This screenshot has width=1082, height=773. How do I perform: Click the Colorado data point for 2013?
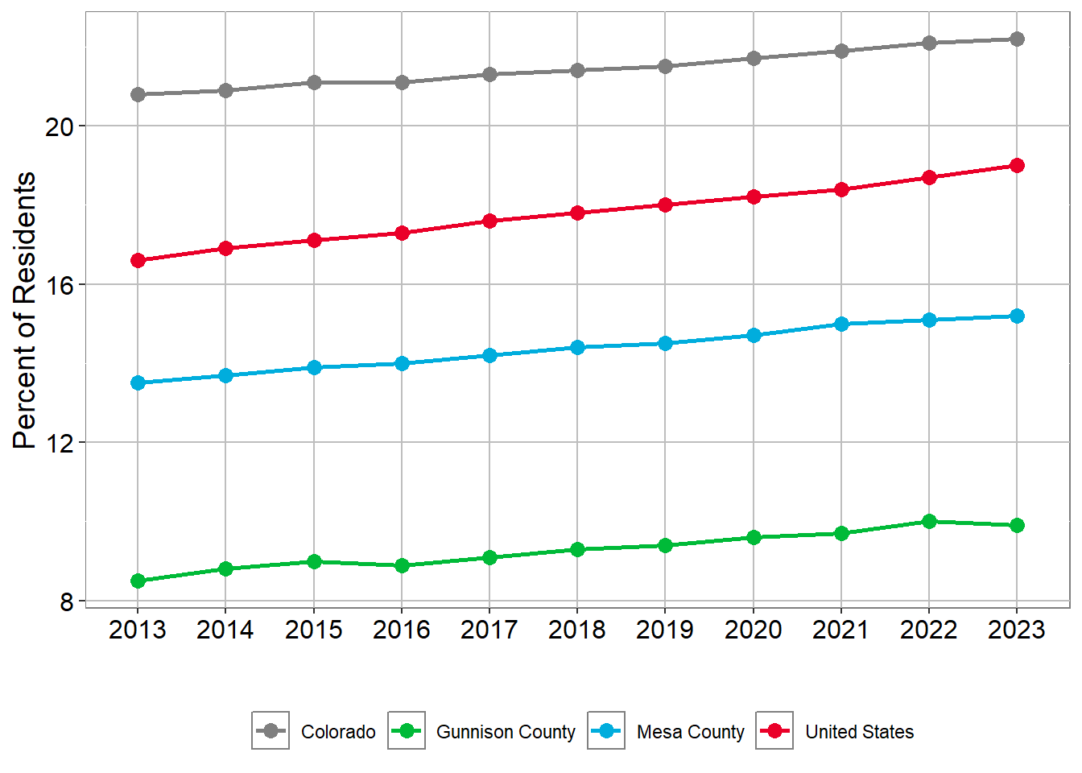pyautogui.click(x=138, y=94)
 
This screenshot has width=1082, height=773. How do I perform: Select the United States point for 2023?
pyautogui.click(x=1017, y=165)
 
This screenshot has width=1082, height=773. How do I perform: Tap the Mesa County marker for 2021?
pyautogui.click(x=841, y=324)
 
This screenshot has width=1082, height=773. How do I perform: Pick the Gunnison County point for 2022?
pyautogui.click(x=929, y=521)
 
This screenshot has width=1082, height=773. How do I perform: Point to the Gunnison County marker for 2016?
pyautogui.click(x=402, y=565)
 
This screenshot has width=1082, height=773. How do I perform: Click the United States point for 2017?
pyautogui.click(x=489, y=221)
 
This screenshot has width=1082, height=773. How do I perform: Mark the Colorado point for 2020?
pyautogui.click(x=754, y=58)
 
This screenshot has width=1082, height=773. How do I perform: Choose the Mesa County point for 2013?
pyautogui.click(x=138, y=382)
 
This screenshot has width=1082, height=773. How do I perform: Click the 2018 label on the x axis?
pyautogui.click(x=577, y=630)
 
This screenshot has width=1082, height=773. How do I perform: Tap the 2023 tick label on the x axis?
pyautogui.click(x=1017, y=630)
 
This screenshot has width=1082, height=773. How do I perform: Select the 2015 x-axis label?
pyautogui.click(x=314, y=630)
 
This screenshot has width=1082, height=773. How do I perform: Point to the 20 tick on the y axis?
pyautogui.click(x=59, y=126)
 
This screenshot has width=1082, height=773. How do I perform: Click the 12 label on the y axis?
pyautogui.click(x=59, y=443)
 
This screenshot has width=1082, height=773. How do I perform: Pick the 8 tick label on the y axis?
pyautogui.click(x=66, y=601)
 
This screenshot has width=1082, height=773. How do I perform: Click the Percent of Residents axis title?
pyautogui.click(x=25, y=310)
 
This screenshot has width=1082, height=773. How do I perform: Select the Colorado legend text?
pyautogui.click(x=338, y=732)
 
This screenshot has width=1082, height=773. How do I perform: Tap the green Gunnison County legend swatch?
pyautogui.click(x=407, y=731)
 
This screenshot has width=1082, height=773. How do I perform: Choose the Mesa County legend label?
pyautogui.click(x=690, y=732)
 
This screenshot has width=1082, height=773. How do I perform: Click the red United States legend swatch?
pyautogui.click(x=774, y=731)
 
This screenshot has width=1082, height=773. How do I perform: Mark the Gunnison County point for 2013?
pyautogui.click(x=138, y=581)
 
